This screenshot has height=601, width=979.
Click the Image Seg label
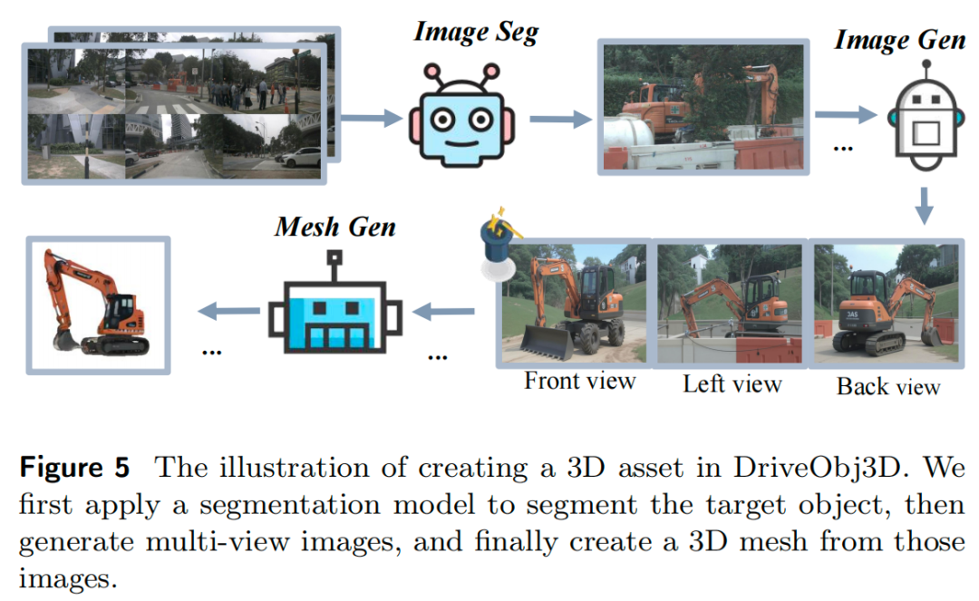pyautogui.click(x=476, y=33)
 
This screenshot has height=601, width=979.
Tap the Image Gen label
pyautogui.click(x=899, y=41)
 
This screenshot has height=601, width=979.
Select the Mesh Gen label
pyautogui.click(x=335, y=226)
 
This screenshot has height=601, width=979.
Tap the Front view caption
pyautogui.click(x=579, y=380)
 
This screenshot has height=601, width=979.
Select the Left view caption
pyautogui.click(x=732, y=383)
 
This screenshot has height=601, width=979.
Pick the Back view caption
pyautogui.click(x=887, y=387)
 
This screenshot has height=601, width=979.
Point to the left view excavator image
pyautogui.click(x=730, y=304)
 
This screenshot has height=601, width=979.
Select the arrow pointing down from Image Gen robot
pyautogui.click(x=924, y=206)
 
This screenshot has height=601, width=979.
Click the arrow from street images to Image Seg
pyautogui.click(x=371, y=116)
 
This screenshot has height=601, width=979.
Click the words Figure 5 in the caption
pyautogui.click(x=75, y=469)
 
